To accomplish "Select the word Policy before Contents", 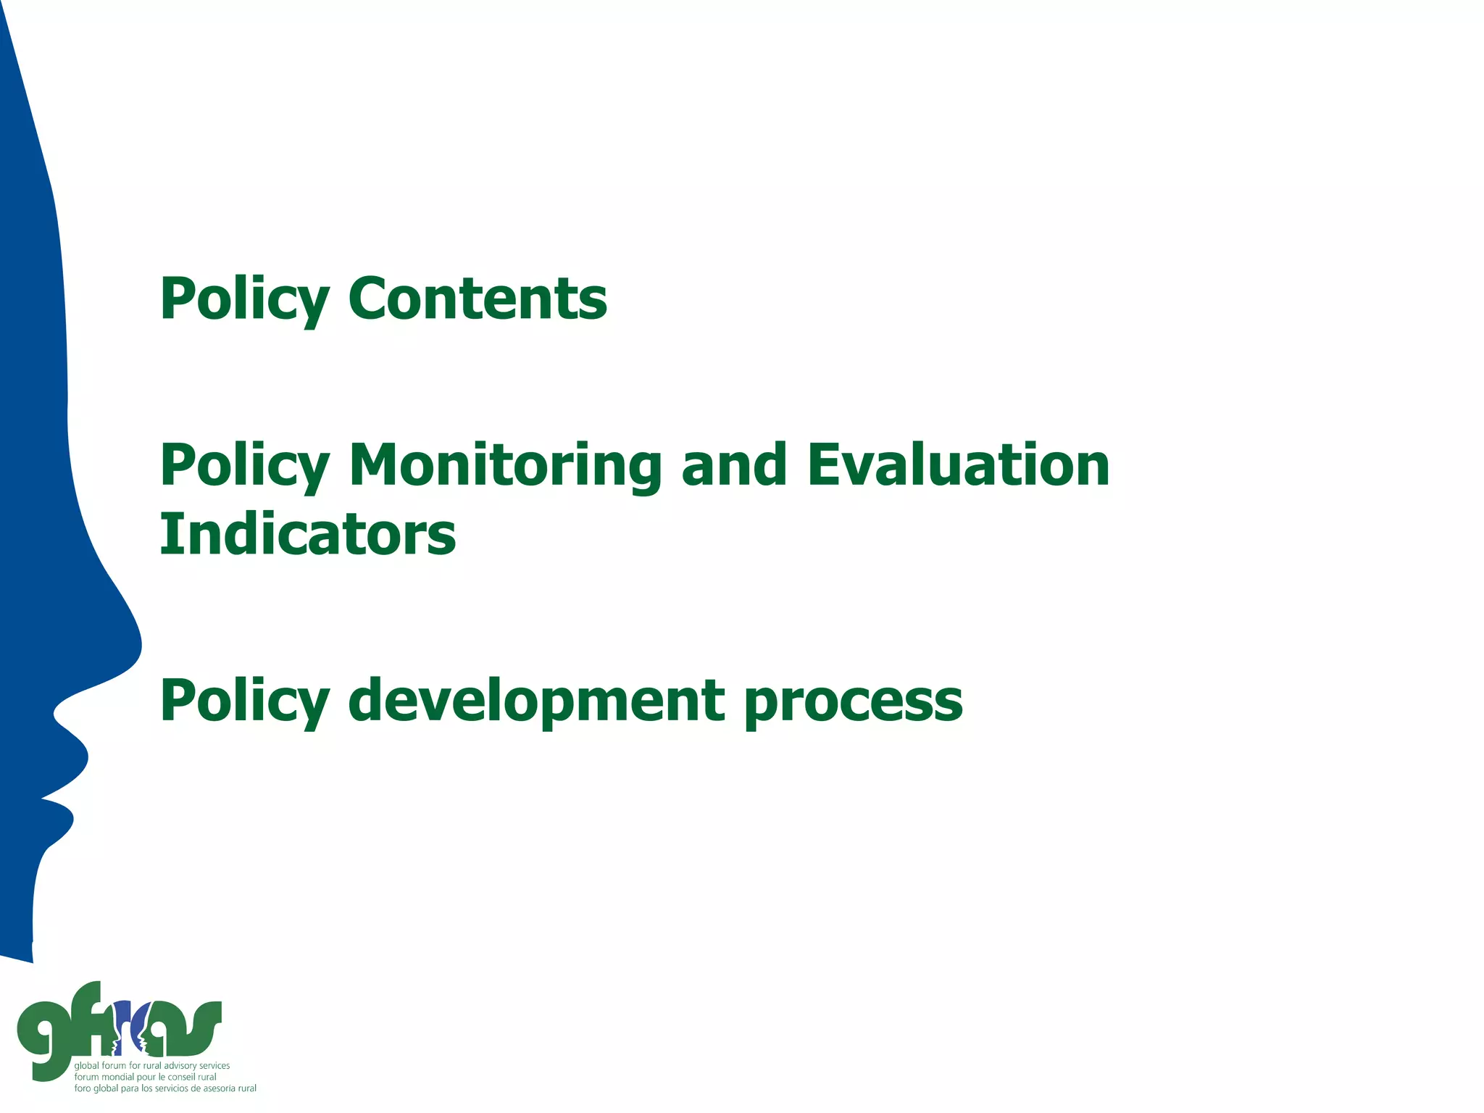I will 245,299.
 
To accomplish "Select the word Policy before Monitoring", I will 245,466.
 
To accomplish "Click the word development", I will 536,701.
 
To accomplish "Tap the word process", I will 854,702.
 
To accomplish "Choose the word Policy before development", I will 245,701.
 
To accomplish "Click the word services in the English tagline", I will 214,1066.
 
